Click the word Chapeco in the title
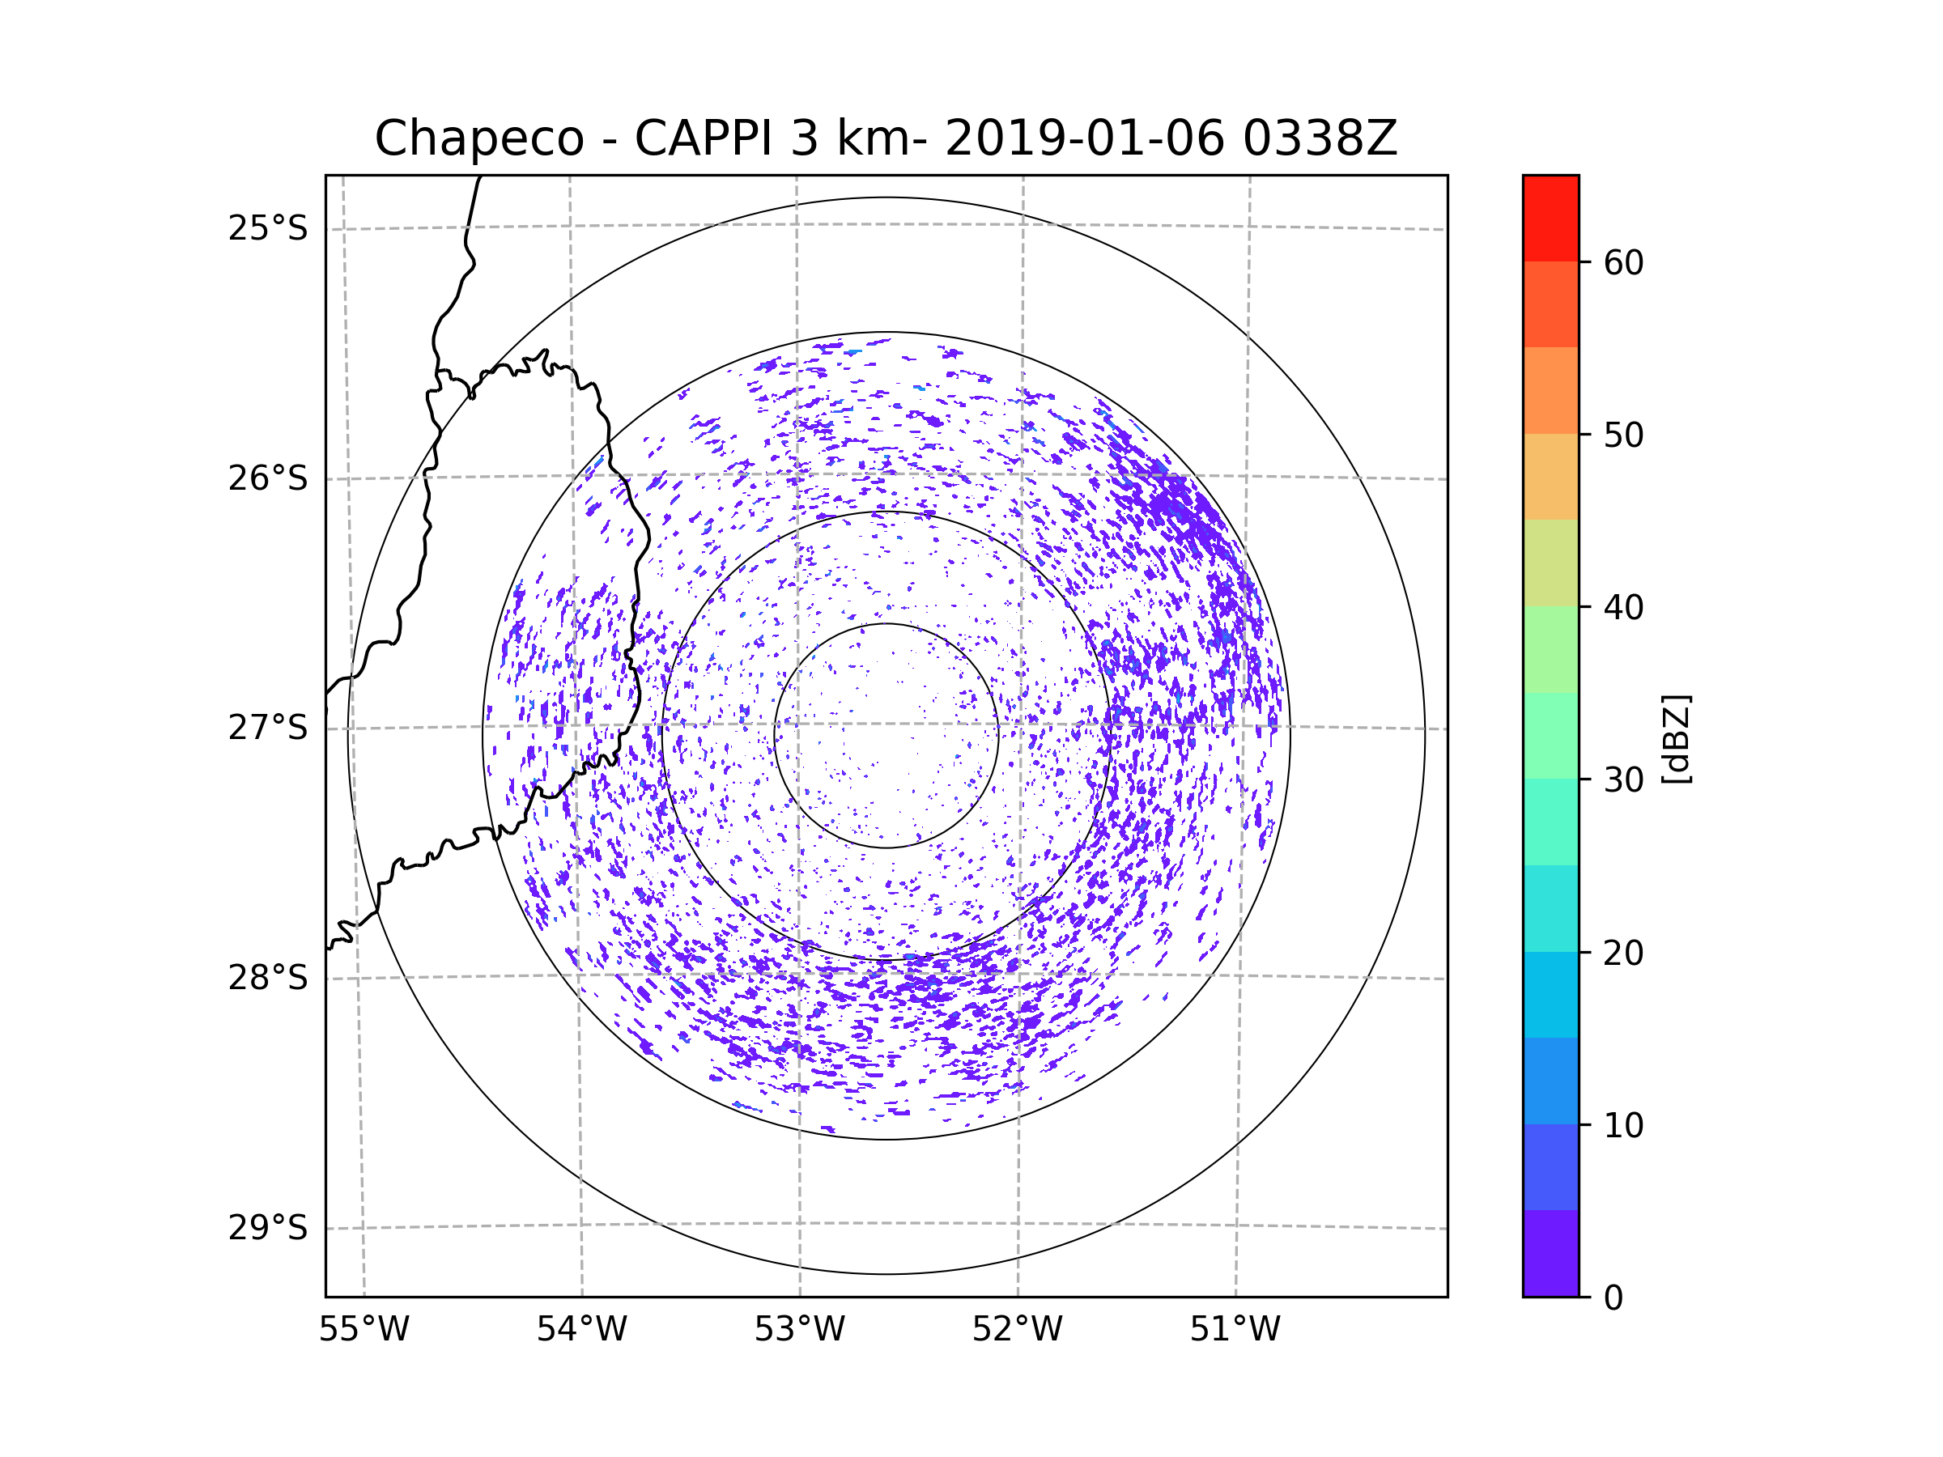pos(479,138)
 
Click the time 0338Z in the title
pos(1320,138)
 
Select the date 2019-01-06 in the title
pos(1085,138)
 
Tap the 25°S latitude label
pos(268,228)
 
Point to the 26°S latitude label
pos(268,478)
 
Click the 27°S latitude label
pos(268,728)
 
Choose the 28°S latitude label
pos(268,978)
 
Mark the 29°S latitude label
pos(268,1228)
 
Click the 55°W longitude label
pos(364,1330)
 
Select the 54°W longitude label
pos(581,1330)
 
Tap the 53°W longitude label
pos(799,1330)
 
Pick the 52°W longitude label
pos(1017,1330)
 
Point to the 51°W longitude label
pos(1235,1330)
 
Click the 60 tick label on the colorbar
pos(1623,262)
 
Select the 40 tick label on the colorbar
pos(1623,608)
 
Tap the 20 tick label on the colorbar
pos(1623,953)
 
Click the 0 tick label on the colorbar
pos(1613,1298)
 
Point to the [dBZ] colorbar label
pos(1676,738)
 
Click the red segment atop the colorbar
pos(1550,219)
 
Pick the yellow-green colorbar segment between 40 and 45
pos(1550,563)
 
